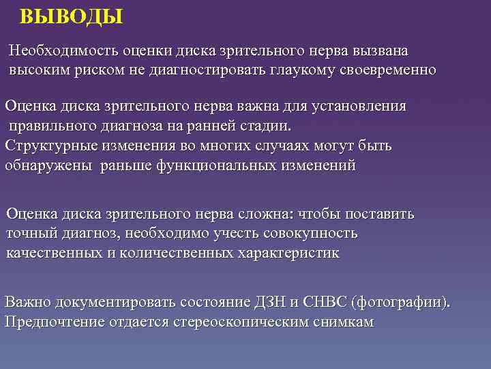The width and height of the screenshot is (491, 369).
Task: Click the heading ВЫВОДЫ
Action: coord(72,16)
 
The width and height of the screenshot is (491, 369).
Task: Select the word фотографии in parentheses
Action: coord(402,301)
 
